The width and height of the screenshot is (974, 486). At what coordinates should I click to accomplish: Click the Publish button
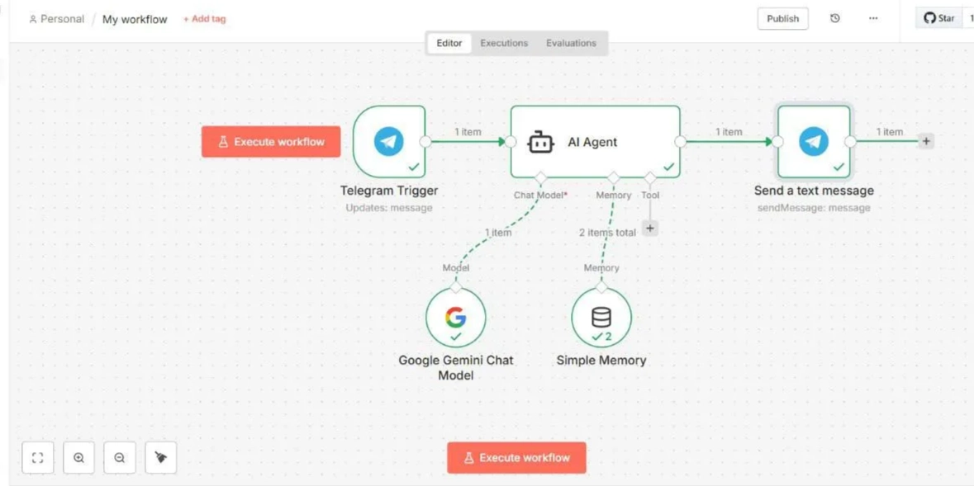(x=782, y=19)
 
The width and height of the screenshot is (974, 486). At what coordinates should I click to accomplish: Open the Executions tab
(x=504, y=43)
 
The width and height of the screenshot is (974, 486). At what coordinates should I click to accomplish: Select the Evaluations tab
(x=571, y=43)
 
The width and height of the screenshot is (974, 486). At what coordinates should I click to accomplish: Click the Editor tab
(x=449, y=43)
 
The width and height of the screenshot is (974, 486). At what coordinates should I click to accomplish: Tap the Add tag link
(x=204, y=19)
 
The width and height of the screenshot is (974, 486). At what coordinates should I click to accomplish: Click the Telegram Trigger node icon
(x=389, y=142)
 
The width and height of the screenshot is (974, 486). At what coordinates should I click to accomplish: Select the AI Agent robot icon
(x=540, y=142)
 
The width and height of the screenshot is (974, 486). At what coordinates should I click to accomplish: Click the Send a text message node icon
(x=814, y=142)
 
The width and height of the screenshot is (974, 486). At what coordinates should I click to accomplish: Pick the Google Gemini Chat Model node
(x=455, y=318)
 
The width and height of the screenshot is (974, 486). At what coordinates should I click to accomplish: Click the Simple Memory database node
(x=601, y=318)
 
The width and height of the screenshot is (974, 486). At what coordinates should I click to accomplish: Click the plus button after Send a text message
(x=926, y=142)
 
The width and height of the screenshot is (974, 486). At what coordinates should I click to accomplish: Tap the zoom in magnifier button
(x=78, y=458)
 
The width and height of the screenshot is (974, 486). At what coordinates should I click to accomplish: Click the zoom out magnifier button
(x=120, y=458)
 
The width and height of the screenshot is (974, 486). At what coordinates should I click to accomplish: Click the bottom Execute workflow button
(x=516, y=458)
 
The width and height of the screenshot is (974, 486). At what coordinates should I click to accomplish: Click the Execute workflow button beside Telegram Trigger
(x=271, y=142)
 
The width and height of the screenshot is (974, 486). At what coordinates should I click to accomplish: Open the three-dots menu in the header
(x=873, y=19)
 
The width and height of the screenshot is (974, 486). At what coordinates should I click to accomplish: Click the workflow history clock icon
(x=835, y=19)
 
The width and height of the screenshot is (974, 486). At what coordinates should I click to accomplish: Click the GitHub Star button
(x=938, y=18)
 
